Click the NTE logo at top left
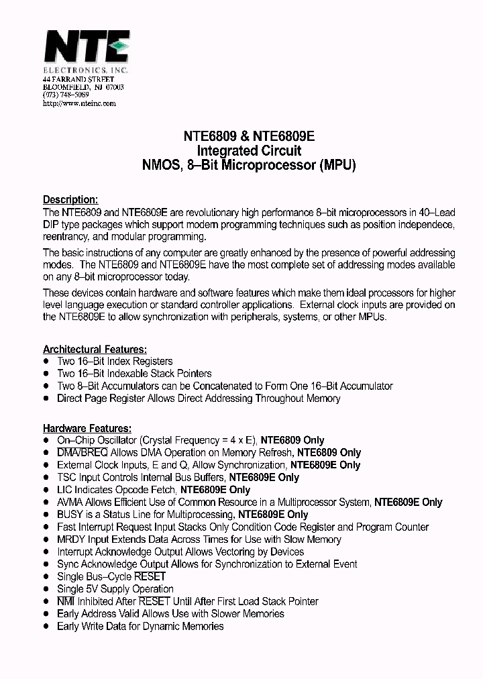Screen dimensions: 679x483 pos(85,49)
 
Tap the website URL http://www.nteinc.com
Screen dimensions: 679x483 pos(79,103)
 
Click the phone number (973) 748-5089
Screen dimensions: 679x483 pos(66,95)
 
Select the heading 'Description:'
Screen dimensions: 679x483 pos(70,199)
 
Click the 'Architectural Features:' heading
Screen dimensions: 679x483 pos(95,349)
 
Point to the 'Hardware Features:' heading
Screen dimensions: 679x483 pos(87,428)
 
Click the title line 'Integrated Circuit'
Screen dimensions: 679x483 pos(249,150)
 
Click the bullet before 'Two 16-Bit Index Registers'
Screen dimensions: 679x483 pos(46,361)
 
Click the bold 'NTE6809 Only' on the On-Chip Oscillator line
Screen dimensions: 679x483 pos(292,440)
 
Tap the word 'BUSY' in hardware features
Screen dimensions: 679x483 pos(70,515)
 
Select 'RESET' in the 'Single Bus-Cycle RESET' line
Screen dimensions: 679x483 pos(150,576)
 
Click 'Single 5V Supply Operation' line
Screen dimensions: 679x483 pos(115,589)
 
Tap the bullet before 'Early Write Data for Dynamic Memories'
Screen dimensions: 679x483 pos(46,626)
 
